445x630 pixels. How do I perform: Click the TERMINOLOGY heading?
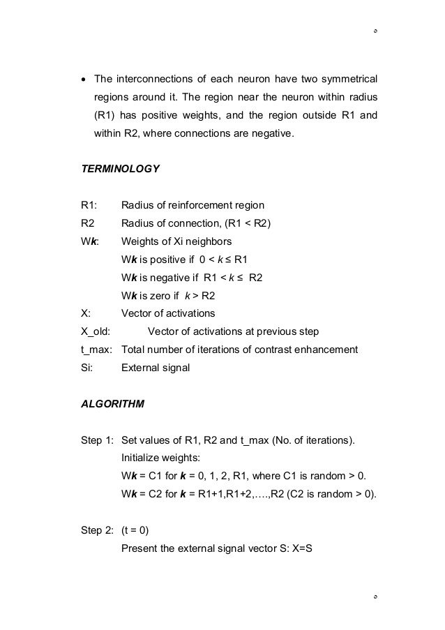click(x=121, y=169)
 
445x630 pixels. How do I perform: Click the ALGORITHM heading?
click(x=113, y=404)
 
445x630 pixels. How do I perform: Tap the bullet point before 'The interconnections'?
click(x=84, y=78)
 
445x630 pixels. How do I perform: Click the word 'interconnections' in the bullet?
click(x=157, y=78)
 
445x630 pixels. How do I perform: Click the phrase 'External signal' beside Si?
click(x=156, y=368)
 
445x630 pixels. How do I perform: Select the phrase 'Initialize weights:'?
click(x=160, y=458)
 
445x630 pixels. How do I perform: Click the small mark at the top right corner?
click(x=375, y=32)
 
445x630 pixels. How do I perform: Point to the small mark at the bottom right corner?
click(x=375, y=598)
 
